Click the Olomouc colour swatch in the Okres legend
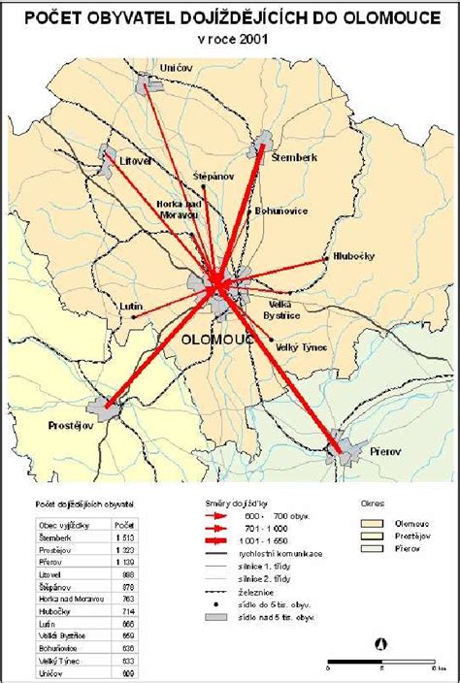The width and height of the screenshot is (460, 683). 374,523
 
